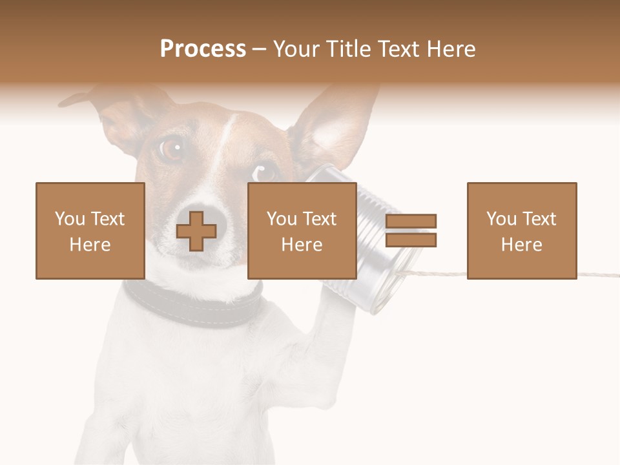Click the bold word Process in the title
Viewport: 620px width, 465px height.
point(203,49)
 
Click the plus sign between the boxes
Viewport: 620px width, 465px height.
point(196,231)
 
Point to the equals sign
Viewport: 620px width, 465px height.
point(411,231)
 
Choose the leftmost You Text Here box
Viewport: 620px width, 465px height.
point(90,231)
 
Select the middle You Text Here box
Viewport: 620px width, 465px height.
point(302,231)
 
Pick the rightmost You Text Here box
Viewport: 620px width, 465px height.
point(521,231)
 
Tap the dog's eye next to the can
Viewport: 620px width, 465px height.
point(263,172)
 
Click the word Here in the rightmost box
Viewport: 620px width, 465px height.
point(521,245)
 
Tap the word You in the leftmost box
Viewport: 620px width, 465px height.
point(70,219)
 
